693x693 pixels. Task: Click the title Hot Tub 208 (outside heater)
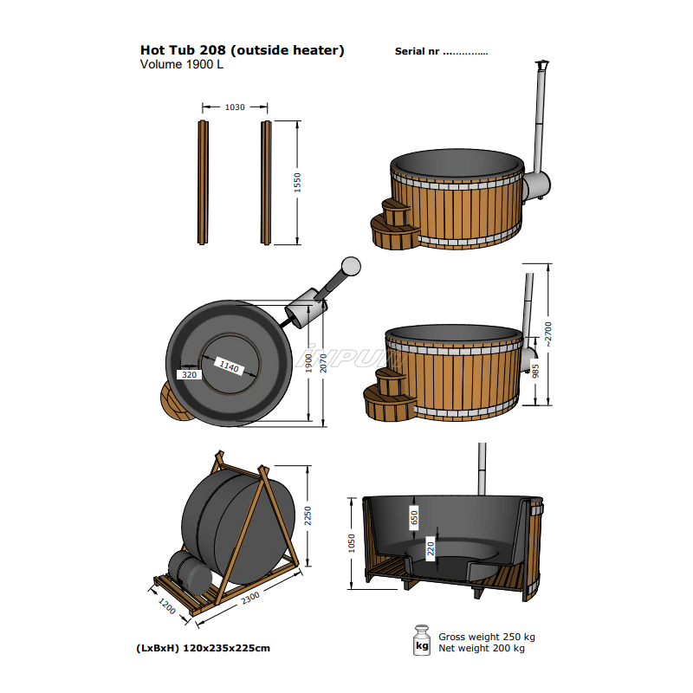click(x=242, y=50)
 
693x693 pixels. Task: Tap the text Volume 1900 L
click(x=182, y=64)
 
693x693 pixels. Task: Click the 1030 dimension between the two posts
click(x=235, y=107)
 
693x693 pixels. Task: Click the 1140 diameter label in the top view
click(x=230, y=367)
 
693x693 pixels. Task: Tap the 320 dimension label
click(x=188, y=375)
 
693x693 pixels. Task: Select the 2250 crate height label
click(x=308, y=516)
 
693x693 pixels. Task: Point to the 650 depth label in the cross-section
click(x=414, y=517)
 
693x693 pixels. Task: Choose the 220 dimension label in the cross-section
click(x=431, y=547)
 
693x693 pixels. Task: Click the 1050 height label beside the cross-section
click(x=352, y=542)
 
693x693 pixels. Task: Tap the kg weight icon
click(x=423, y=640)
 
